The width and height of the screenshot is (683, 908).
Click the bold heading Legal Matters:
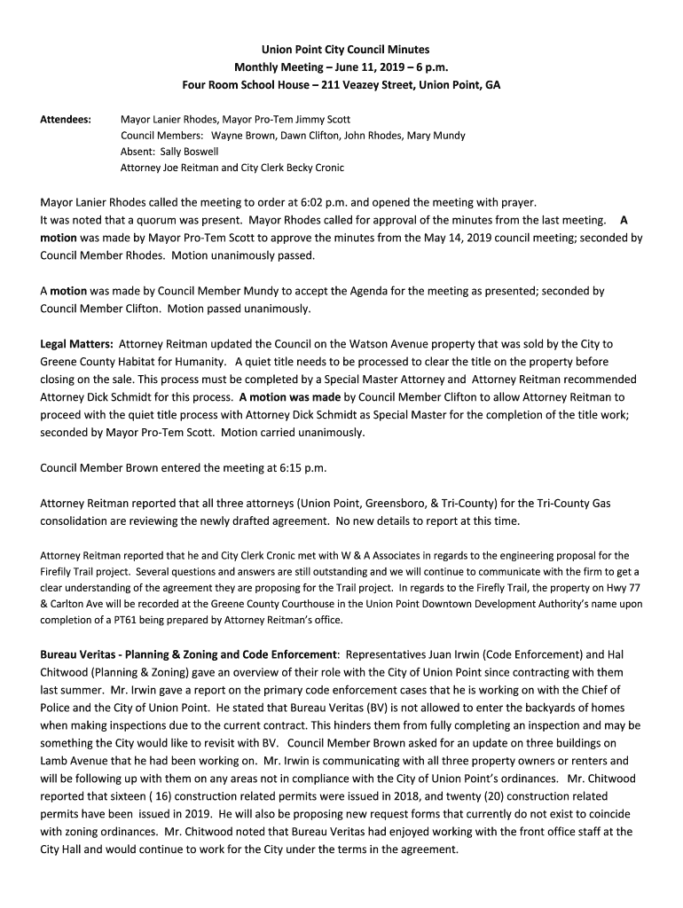(77, 343)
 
